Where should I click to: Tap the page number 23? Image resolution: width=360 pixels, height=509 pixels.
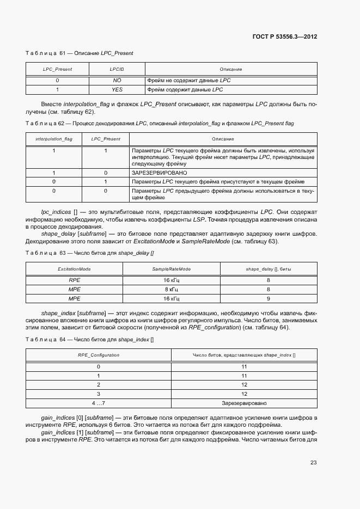[313, 463]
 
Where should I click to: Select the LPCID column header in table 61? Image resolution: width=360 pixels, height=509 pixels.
[117, 70]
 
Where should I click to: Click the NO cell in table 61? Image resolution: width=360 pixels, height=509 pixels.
[117, 81]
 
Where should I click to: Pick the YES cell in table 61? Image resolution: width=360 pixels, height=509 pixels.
[117, 89]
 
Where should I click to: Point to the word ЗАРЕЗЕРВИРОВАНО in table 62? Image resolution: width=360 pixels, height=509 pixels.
[159, 173]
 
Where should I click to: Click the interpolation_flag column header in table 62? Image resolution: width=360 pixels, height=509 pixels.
[54, 139]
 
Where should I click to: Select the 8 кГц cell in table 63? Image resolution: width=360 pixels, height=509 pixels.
[172, 290]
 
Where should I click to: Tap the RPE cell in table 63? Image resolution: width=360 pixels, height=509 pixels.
[74, 280]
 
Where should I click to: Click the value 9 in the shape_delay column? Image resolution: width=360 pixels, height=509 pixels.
[269, 299]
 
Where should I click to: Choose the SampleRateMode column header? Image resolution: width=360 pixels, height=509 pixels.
[172, 269]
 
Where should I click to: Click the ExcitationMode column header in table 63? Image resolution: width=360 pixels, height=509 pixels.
[74, 269]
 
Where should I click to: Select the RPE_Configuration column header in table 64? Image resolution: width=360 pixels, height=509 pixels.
[99, 355]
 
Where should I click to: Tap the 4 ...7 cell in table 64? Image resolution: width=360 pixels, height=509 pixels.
[99, 403]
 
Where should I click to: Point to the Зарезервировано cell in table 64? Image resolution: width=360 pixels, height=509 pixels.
[244, 403]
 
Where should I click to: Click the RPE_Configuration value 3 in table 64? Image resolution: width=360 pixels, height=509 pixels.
[99, 394]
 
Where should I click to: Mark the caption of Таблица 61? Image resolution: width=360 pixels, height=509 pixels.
[80, 53]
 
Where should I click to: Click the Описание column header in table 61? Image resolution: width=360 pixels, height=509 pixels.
[231, 70]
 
